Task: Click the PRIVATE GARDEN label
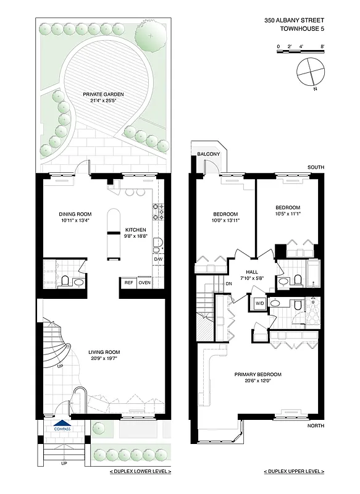pyautogui.click(x=104, y=94)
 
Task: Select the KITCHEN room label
pyautogui.click(x=136, y=230)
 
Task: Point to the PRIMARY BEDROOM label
pyautogui.click(x=257, y=374)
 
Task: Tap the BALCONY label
pyautogui.click(x=204, y=154)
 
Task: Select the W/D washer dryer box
pyautogui.click(x=257, y=303)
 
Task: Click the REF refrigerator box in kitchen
pyautogui.click(x=128, y=283)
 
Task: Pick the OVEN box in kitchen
pyautogui.click(x=144, y=283)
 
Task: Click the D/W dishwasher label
pyautogui.click(x=158, y=259)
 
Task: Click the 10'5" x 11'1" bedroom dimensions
pyautogui.click(x=287, y=214)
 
